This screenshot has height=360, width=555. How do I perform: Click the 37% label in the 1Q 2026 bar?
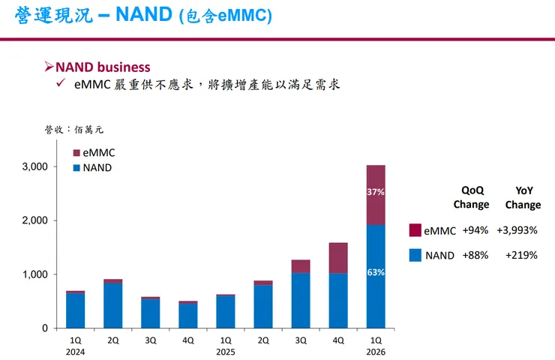coord(376,192)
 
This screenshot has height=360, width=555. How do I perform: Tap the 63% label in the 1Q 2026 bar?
coord(376,272)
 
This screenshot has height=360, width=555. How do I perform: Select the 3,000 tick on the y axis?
coord(34,166)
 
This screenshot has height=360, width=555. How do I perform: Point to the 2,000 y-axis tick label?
coord(34,220)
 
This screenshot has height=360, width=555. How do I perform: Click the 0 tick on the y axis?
coord(44,328)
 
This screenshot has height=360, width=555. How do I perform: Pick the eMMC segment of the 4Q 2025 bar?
coord(337,258)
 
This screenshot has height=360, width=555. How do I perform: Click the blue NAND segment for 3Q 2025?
coord(300,301)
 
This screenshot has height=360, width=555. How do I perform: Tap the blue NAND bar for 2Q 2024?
coord(113,306)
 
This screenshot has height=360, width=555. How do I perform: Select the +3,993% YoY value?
coord(523,230)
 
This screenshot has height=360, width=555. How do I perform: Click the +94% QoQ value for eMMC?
coord(475,230)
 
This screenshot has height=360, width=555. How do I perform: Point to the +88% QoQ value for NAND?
coord(475,255)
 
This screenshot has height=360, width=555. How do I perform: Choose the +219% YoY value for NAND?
coord(523,255)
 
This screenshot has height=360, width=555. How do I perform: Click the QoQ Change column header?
coord(471,197)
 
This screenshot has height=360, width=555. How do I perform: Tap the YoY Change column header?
coord(523,197)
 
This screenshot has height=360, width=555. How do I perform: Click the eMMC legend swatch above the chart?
coord(76,152)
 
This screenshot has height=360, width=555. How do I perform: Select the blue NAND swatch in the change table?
coord(415,255)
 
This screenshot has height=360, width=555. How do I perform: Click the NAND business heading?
coord(103,67)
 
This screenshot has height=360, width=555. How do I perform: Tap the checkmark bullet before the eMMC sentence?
coord(62,85)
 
